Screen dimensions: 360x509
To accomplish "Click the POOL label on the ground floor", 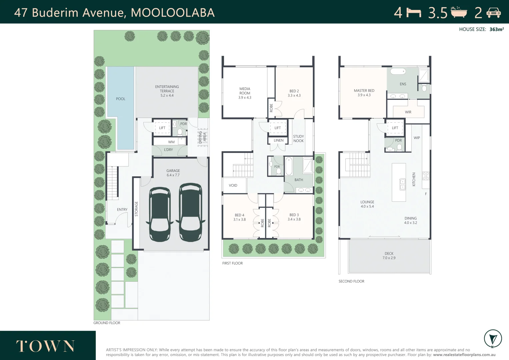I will [x=121, y=99].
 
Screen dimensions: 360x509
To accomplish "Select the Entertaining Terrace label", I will [x=167, y=91].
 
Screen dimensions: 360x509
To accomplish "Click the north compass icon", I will [x=493, y=339].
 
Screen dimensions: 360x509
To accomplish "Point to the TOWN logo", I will [x=46, y=346].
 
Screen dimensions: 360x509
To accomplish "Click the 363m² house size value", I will [x=496, y=29].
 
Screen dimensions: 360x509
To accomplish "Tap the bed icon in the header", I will [x=414, y=13].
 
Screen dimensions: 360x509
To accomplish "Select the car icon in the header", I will [x=493, y=13].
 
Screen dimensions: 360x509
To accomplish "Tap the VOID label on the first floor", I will [x=233, y=185].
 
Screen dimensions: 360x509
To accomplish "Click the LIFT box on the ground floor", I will [x=162, y=128].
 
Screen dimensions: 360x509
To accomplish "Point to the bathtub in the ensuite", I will [x=398, y=71].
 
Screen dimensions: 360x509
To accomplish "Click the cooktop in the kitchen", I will [x=426, y=176].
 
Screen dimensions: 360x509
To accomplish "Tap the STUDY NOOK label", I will [x=298, y=139].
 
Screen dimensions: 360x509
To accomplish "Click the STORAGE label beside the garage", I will [x=136, y=209].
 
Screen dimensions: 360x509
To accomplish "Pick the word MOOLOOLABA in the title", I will [x=173, y=13].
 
